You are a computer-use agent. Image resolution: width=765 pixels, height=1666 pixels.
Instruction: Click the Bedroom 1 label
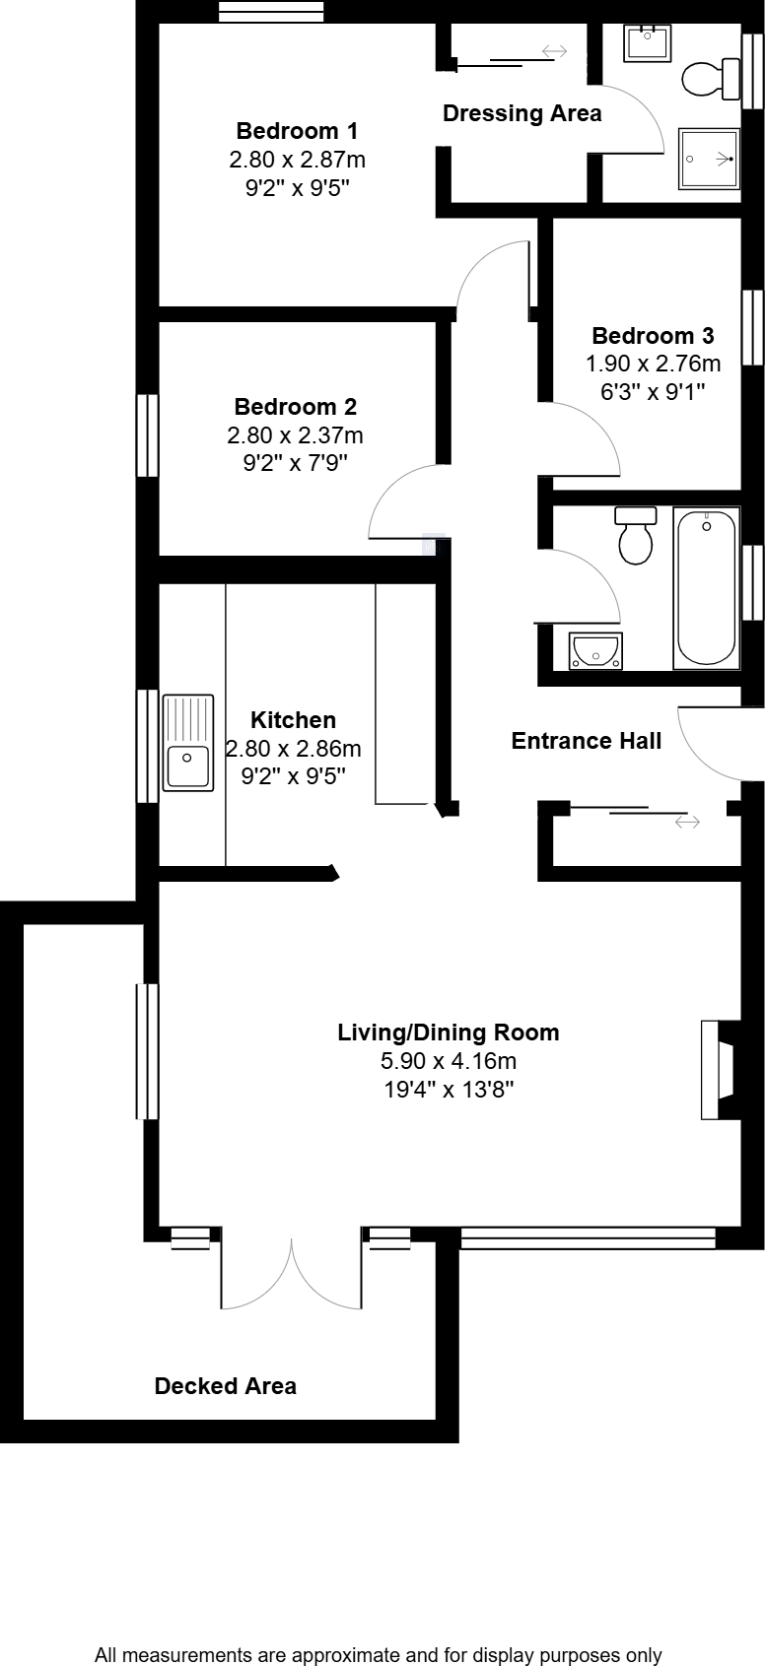[x=297, y=131]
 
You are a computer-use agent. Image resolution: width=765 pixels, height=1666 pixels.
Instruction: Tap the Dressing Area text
[x=522, y=113]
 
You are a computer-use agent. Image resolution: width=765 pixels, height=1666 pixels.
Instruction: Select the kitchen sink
[x=187, y=742]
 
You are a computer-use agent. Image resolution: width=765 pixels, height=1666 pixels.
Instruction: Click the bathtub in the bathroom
[x=706, y=588]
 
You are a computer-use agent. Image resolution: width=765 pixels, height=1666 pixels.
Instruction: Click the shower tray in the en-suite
[x=709, y=159]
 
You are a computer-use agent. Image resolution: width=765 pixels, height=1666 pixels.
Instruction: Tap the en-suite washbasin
[x=648, y=43]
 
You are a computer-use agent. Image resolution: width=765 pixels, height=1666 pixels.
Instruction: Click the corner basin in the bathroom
[x=594, y=650]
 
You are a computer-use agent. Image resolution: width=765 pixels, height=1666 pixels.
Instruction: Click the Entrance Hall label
[x=586, y=741]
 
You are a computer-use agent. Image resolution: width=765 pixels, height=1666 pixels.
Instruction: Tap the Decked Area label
[x=225, y=1386]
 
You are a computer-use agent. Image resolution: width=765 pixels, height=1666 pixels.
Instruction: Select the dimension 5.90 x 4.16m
[x=449, y=1061]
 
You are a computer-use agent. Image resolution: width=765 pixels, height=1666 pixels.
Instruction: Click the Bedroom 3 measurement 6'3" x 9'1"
[x=653, y=391]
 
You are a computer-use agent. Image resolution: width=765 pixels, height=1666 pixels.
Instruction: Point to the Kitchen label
[x=293, y=720]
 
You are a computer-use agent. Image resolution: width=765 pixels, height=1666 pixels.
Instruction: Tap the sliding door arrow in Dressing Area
[x=553, y=51]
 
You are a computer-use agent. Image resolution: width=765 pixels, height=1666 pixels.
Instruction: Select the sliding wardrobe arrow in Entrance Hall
[x=687, y=821]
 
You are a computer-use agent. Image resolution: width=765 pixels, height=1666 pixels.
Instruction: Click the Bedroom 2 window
[x=147, y=434]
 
